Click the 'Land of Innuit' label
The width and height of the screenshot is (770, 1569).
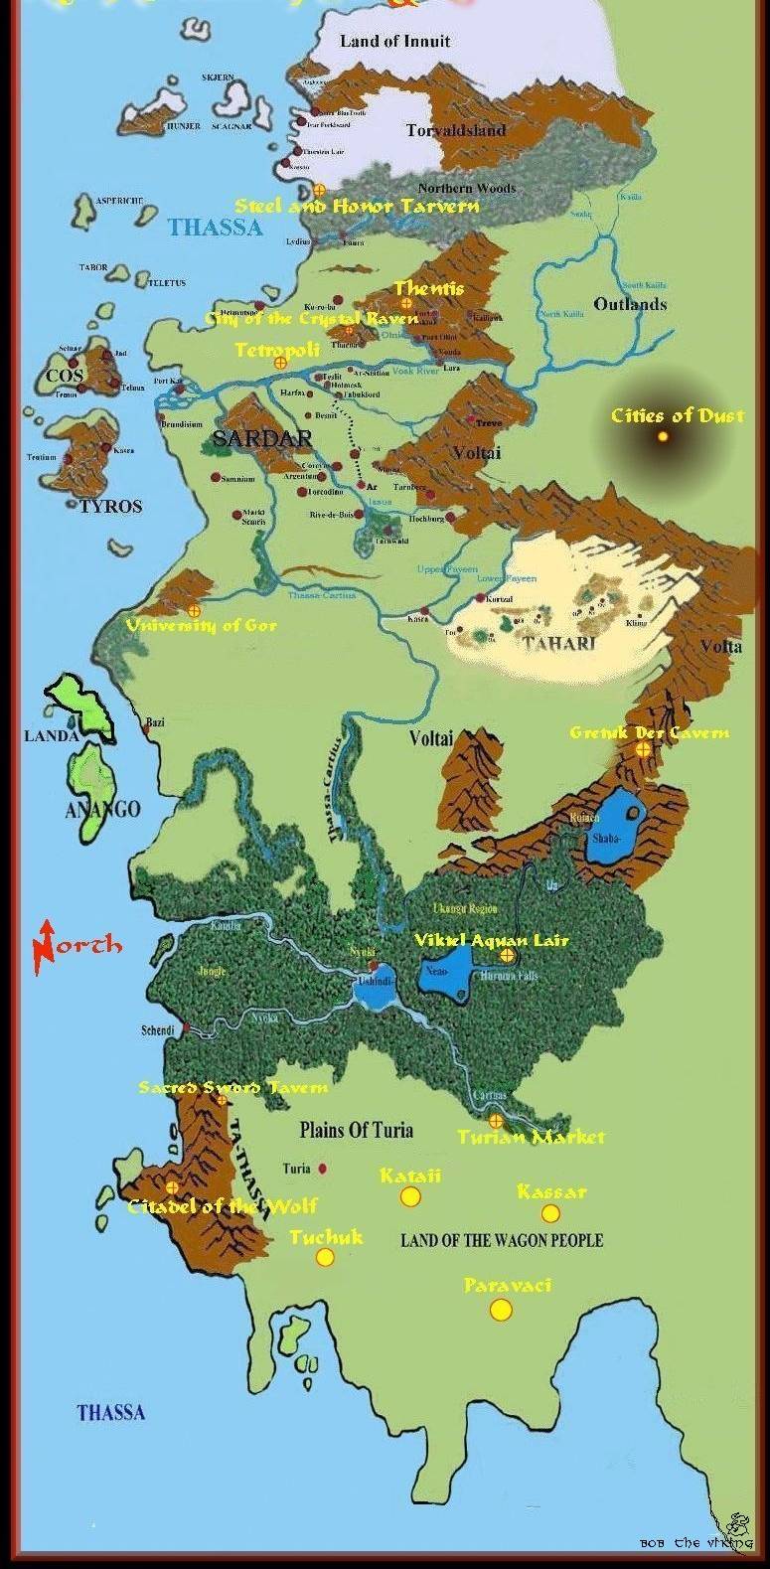coord(394,42)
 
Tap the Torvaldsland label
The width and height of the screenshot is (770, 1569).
coord(456,130)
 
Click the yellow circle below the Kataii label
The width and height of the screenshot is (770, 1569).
coord(410,1196)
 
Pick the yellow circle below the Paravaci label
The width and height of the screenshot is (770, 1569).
coord(501,1310)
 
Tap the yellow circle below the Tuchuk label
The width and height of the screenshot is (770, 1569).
coord(324,1258)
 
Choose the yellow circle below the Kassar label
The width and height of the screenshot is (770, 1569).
coord(549,1213)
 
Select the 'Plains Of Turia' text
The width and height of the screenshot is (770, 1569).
coord(356,1130)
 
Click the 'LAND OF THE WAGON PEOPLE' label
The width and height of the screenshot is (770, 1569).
coord(502,1239)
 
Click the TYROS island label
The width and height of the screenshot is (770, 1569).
coord(110,506)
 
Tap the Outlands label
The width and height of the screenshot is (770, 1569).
coord(630,304)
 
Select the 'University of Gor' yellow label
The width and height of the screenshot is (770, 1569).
coord(201,625)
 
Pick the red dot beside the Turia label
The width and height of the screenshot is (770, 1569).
coord(323,1169)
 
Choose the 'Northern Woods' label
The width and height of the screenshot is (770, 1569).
coord(466,189)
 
